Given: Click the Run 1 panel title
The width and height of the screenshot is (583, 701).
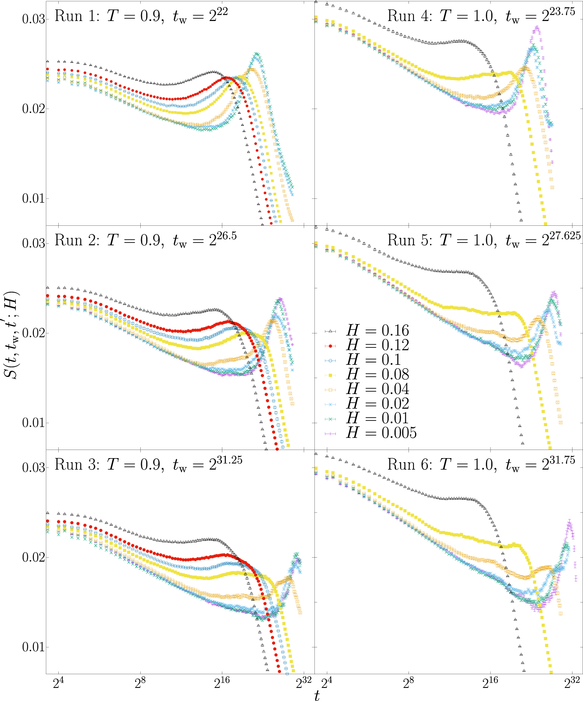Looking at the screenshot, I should click(x=141, y=16).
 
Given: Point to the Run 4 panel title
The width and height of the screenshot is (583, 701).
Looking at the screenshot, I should click(x=481, y=16).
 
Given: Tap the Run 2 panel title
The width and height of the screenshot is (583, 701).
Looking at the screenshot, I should click(x=145, y=240).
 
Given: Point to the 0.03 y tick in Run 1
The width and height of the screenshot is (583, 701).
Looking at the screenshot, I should click(x=33, y=19).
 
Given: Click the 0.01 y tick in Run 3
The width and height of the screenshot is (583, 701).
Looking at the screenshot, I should click(x=33, y=647).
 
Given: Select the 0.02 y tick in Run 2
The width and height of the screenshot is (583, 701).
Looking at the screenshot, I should click(x=33, y=333).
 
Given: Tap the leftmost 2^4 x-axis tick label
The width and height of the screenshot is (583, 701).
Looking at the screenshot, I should click(x=58, y=682).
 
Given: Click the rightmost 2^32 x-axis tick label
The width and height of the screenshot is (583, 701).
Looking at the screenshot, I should click(x=572, y=682).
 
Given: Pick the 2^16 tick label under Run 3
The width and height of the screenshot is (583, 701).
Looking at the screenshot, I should click(x=222, y=682).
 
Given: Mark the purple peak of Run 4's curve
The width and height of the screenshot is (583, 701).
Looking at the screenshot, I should click(x=537, y=28).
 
